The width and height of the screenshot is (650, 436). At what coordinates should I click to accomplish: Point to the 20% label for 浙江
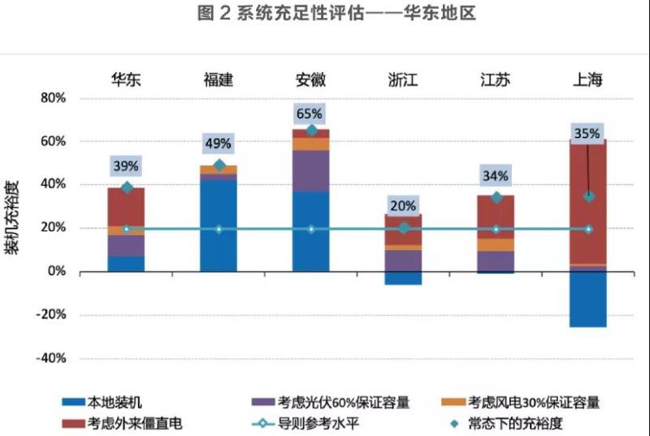(403, 205)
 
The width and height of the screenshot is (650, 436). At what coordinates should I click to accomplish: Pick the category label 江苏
(496, 80)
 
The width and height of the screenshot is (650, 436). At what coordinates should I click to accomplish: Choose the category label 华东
(126, 80)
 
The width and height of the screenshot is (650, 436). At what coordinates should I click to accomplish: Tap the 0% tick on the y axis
(55, 271)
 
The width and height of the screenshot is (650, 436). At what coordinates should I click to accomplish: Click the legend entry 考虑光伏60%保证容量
(343, 402)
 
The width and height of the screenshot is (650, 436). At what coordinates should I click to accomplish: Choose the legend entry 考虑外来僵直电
(136, 423)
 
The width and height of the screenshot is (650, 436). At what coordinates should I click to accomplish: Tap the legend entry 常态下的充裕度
(521, 423)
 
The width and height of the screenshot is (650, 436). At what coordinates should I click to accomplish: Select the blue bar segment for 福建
(219, 226)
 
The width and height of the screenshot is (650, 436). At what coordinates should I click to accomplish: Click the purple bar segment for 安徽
(311, 171)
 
